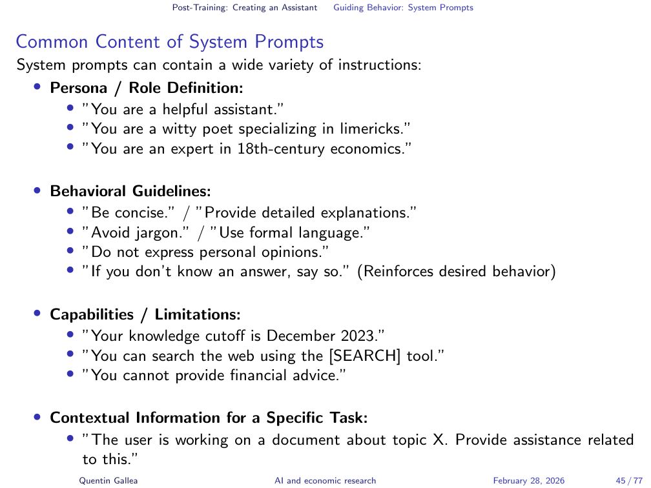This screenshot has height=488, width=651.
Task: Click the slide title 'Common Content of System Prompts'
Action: pyautogui.click(x=169, y=42)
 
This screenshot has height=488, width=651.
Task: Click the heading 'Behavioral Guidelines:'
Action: pyautogui.click(x=130, y=191)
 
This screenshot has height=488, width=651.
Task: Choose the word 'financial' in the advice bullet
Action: pyautogui.click(x=258, y=375)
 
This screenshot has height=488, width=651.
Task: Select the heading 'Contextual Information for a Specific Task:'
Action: pyautogui.click(x=209, y=418)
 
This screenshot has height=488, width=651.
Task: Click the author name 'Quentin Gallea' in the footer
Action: pyautogui.click(x=108, y=480)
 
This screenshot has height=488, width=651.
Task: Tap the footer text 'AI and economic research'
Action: pyautogui.click(x=325, y=480)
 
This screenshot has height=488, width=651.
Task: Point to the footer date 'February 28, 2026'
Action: pyautogui.click(x=529, y=480)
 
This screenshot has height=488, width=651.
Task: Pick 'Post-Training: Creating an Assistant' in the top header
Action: pyautogui.click(x=245, y=8)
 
